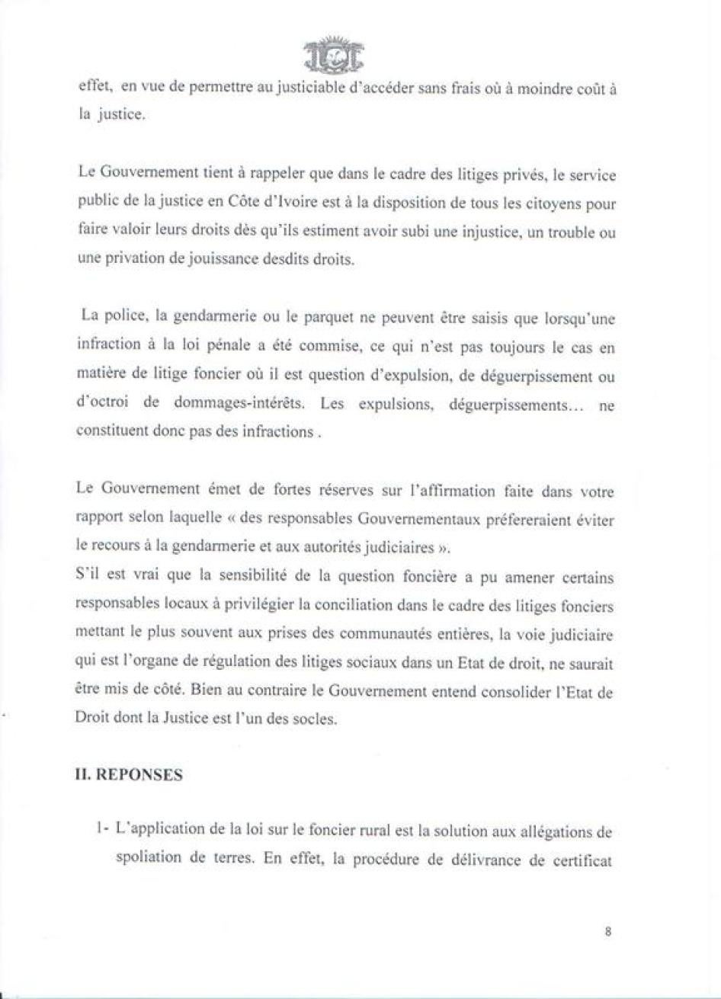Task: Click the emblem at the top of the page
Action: [333, 53]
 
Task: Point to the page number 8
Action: [608, 930]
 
